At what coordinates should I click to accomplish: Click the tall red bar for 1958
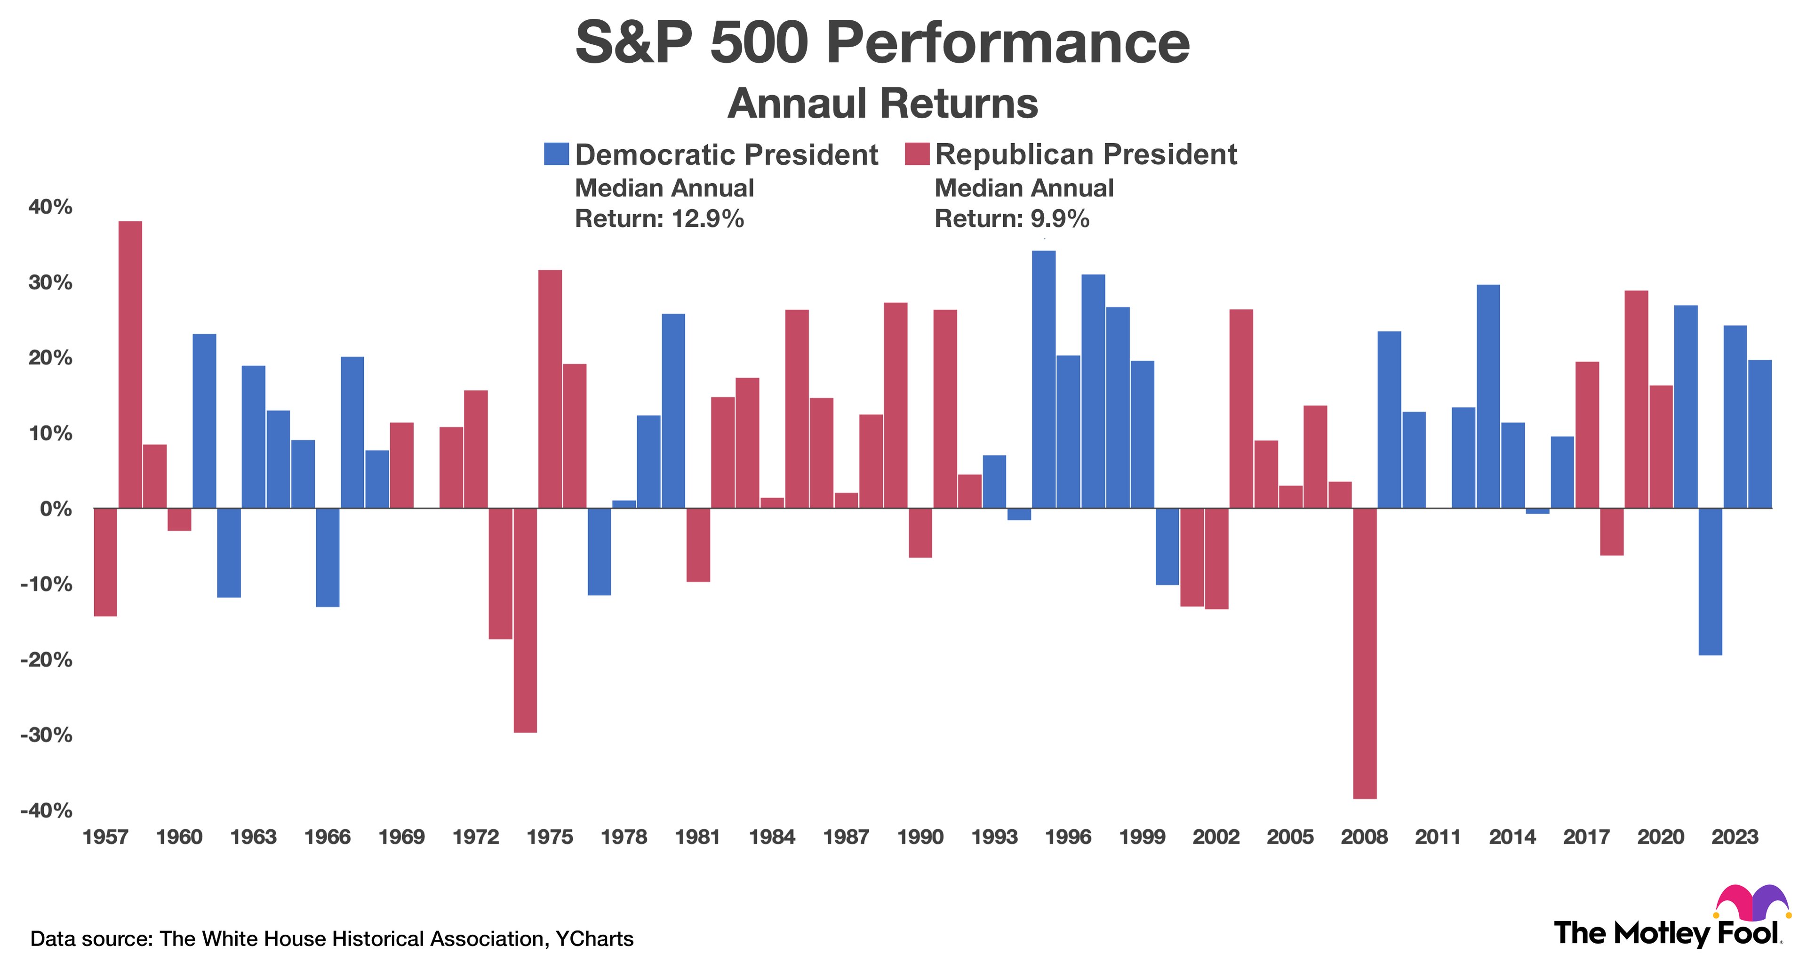130,365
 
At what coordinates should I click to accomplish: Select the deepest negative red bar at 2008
1364,653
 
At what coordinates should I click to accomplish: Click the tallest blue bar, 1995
1043,379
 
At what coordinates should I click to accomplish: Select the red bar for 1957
105,561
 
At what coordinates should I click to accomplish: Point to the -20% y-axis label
46,660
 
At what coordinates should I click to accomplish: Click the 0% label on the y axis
56,509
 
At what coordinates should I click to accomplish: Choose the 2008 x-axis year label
1364,837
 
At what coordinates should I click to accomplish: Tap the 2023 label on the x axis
1734,837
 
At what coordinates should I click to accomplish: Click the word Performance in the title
1008,43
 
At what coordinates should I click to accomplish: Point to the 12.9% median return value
707,219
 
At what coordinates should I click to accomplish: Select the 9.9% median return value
1060,219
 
